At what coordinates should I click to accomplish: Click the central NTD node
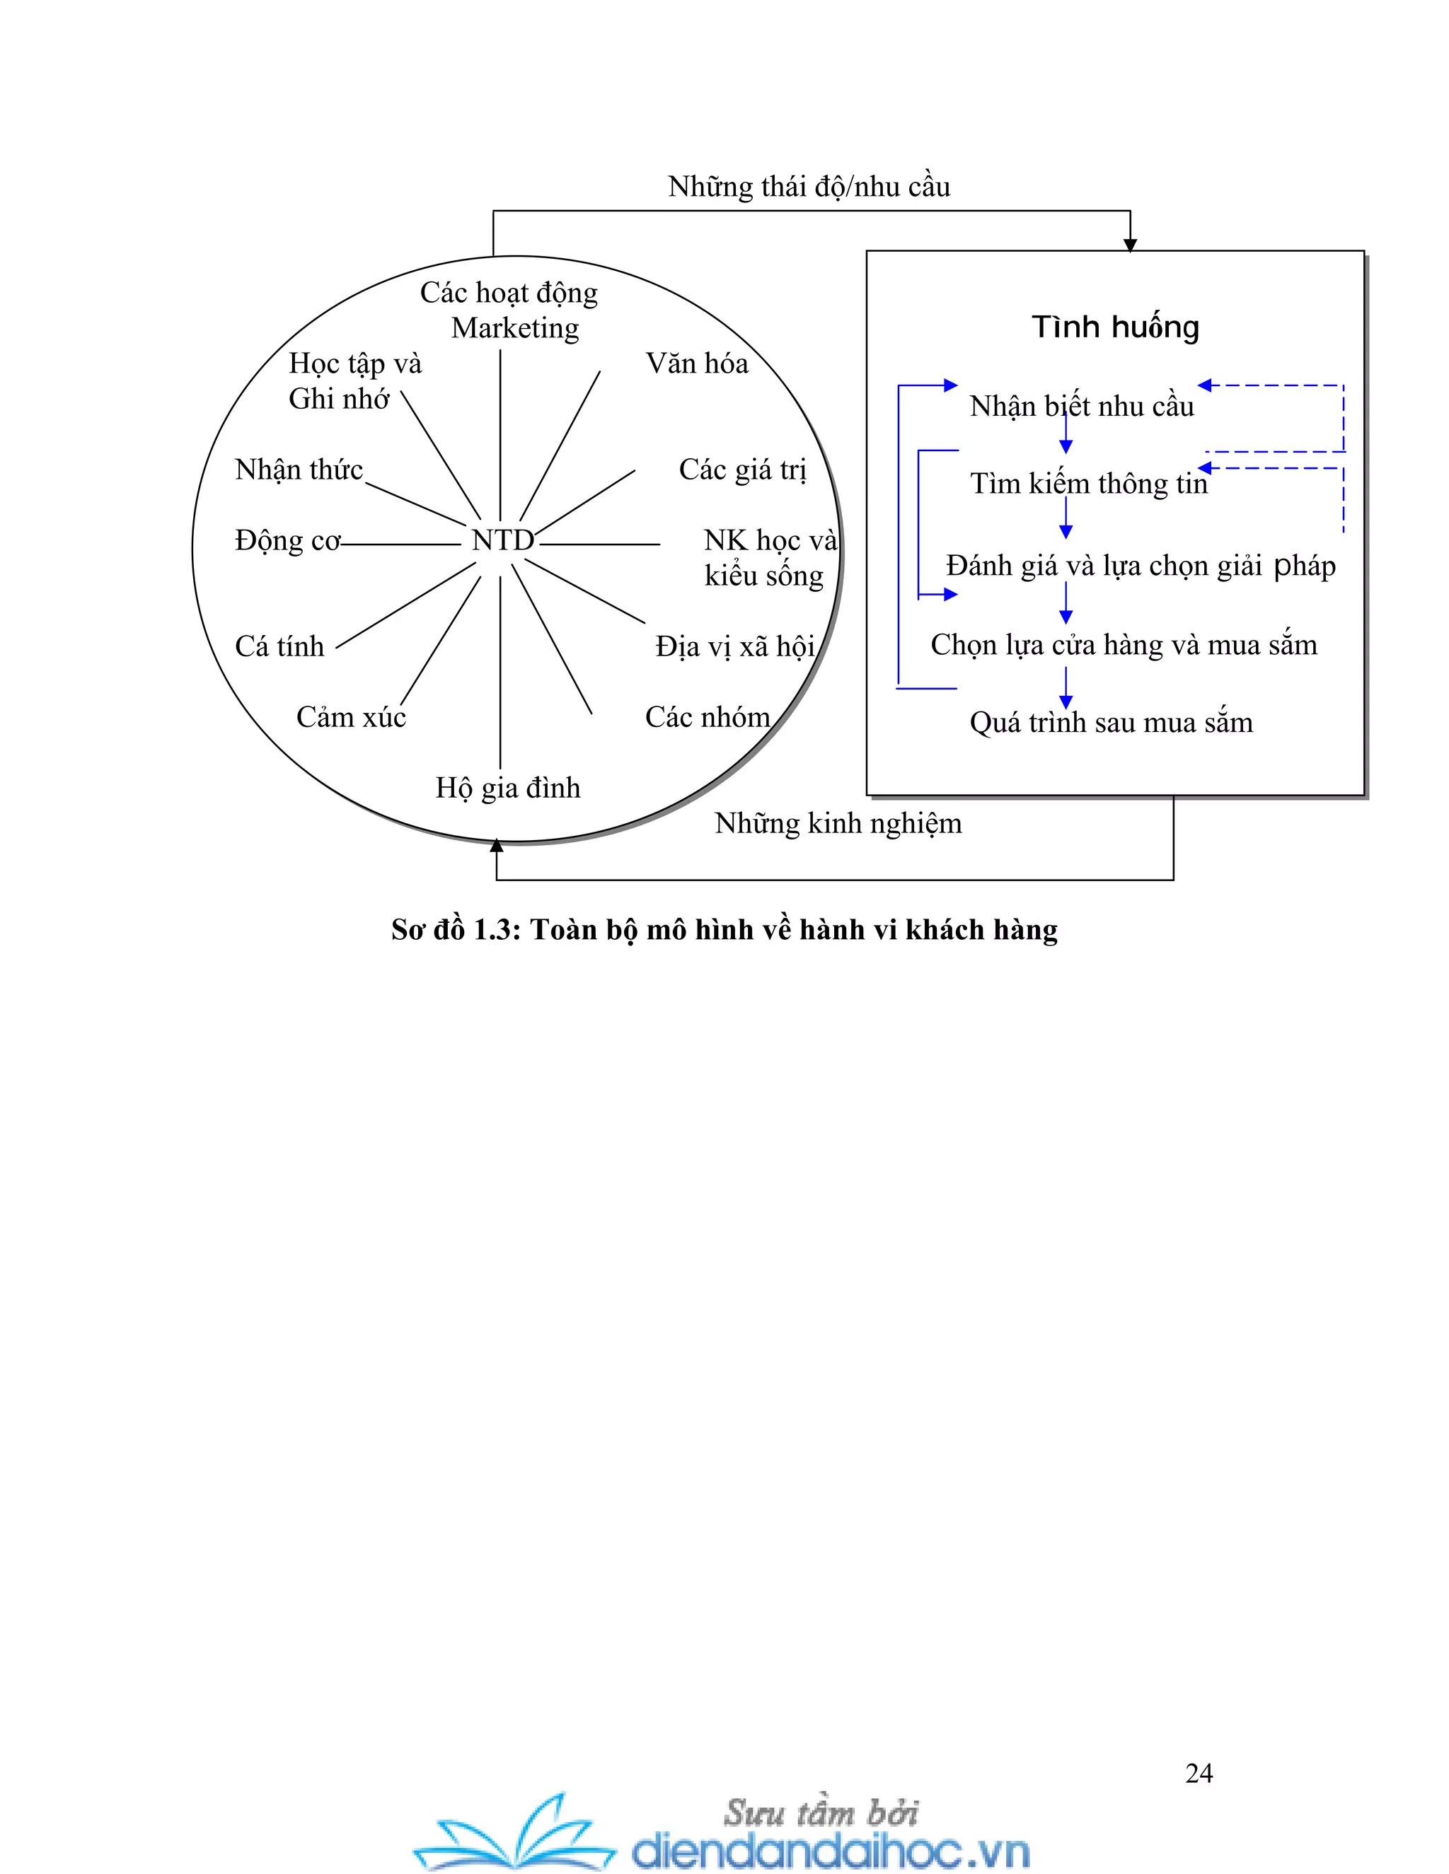502,540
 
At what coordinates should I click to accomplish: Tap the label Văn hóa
696,363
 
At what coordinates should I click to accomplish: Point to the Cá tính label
280,646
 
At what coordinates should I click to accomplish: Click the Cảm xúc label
351,717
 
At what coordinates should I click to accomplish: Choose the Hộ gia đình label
507,788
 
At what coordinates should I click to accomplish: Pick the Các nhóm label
708,717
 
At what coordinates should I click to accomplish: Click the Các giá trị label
742,470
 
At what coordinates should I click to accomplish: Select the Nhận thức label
299,470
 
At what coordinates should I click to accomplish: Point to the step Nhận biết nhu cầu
1082,407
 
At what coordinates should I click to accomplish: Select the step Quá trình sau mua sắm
1111,723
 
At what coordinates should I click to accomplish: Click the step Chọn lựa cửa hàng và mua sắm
1124,645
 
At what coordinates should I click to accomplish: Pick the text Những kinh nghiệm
838,824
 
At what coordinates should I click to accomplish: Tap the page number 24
1199,1773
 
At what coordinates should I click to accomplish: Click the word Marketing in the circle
515,329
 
